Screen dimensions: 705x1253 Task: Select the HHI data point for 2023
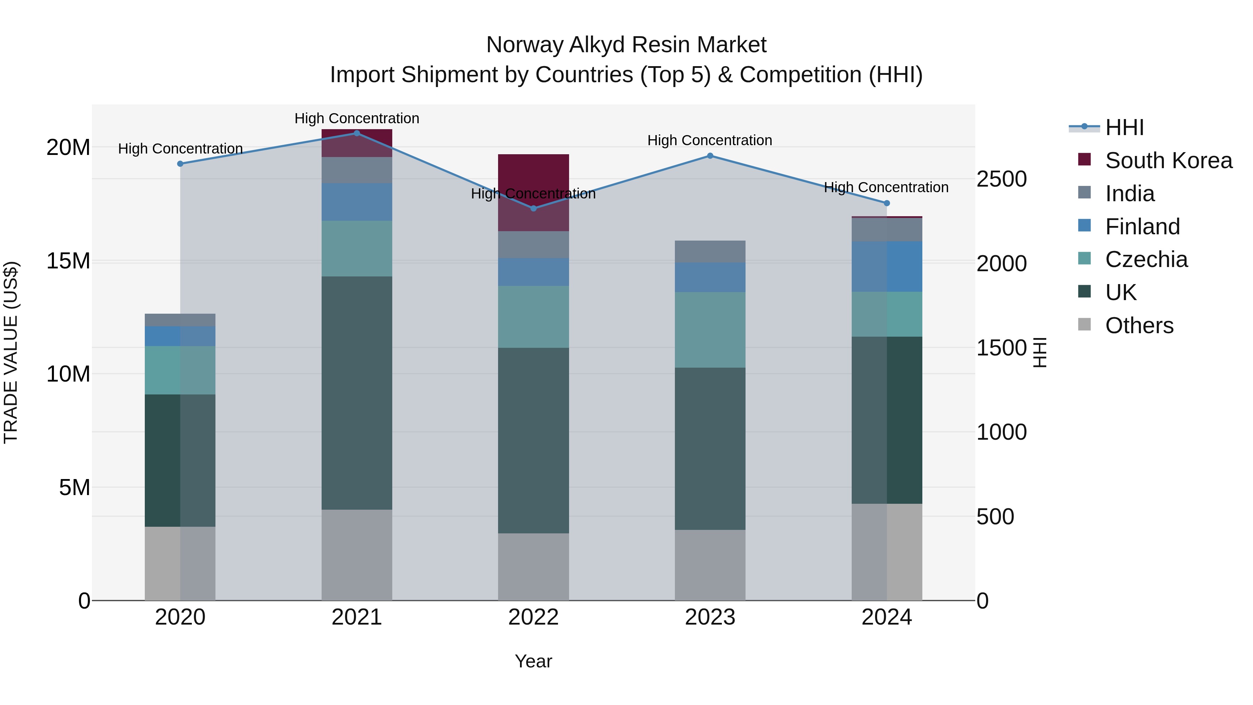pyautogui.click(x=710, y=156)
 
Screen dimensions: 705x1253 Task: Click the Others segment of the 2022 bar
pyautogui.click(x=533, y=566)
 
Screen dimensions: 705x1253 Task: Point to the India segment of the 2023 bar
pyautogui.click(x=710, y=252)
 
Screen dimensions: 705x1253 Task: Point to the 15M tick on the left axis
pyautogui.click(x=68, y=261)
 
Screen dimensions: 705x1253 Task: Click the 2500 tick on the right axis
pyautogui.click(x=1001, y=179)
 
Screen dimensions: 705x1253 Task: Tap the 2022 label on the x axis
pyautogui.click(x=533, y=617)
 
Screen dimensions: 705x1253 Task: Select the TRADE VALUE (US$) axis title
pyautogui.click(x=11, y=352)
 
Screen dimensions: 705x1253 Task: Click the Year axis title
pyautogui.click(x=533, y=661)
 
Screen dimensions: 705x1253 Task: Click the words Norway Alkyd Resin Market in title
pyautogui.click(x=626, y=45)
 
